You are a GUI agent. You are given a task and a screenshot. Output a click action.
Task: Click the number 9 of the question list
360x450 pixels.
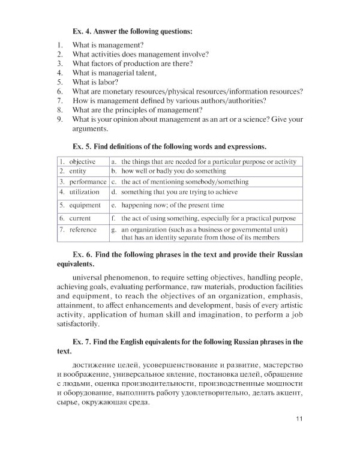(x=60, y=119)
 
